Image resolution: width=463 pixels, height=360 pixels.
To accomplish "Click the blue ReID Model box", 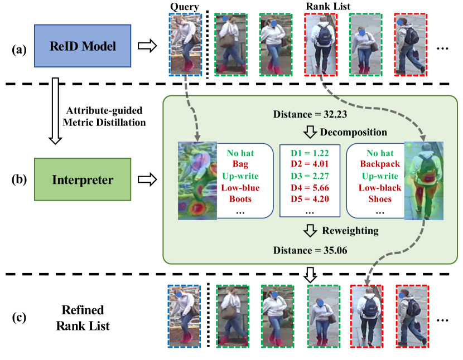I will [82, 46].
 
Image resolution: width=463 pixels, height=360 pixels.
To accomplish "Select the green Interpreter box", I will [82, 180].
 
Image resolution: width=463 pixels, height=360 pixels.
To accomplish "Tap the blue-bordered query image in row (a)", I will [185, 44].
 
